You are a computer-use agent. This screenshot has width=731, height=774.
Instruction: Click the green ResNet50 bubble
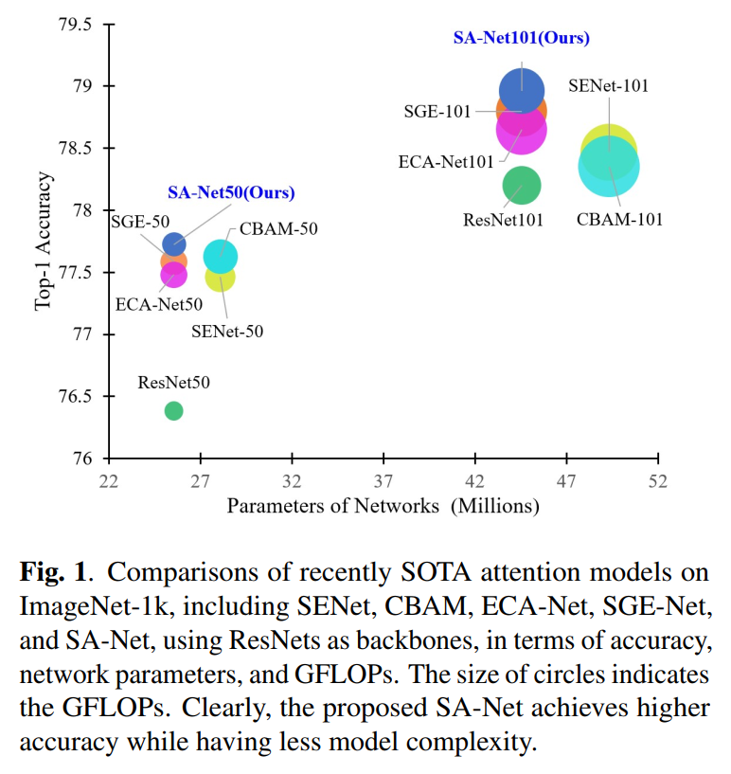click(x=173, y=411)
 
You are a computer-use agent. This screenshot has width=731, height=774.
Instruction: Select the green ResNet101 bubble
click(x=522, y=186)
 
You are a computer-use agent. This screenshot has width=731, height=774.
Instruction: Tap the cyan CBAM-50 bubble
click(x=221, y=256)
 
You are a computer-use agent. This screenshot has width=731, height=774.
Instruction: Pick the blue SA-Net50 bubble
click(x=173, y=243)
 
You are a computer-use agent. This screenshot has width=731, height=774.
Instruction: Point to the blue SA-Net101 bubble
click(x=522, y=91)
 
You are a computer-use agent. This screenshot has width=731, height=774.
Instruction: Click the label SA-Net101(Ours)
click(x=522, y=38)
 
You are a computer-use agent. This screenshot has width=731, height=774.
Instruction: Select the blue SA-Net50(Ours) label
click(x=231, y=192)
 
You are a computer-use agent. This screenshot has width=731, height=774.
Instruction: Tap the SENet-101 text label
click(x=608, y=86)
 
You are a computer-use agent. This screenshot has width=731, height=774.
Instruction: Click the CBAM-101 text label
click(x=619, y=219)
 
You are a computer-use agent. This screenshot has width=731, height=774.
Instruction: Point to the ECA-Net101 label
click(x=446, y=162)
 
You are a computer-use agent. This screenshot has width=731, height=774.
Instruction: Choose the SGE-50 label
click(x=140, y=222)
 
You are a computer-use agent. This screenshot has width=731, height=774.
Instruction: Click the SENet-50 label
click(x=227, y=331)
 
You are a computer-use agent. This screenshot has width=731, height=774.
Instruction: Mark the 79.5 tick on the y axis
click(x=76, y=25)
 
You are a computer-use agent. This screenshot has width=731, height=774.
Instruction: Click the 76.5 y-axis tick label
click(x=76, y=396)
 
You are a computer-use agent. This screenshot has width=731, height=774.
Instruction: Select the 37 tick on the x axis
click(x=383, y=481)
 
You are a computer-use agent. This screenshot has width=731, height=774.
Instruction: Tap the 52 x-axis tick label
click(x=658, y=481)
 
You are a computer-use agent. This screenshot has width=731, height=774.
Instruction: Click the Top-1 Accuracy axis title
click(x=43, y=241)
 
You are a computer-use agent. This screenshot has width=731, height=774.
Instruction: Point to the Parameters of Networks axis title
click(x=383, y=507)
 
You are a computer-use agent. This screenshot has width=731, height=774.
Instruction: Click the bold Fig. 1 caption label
click(x=53, y=572)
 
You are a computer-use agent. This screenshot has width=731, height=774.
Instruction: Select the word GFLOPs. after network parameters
click(x=347, y=675)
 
